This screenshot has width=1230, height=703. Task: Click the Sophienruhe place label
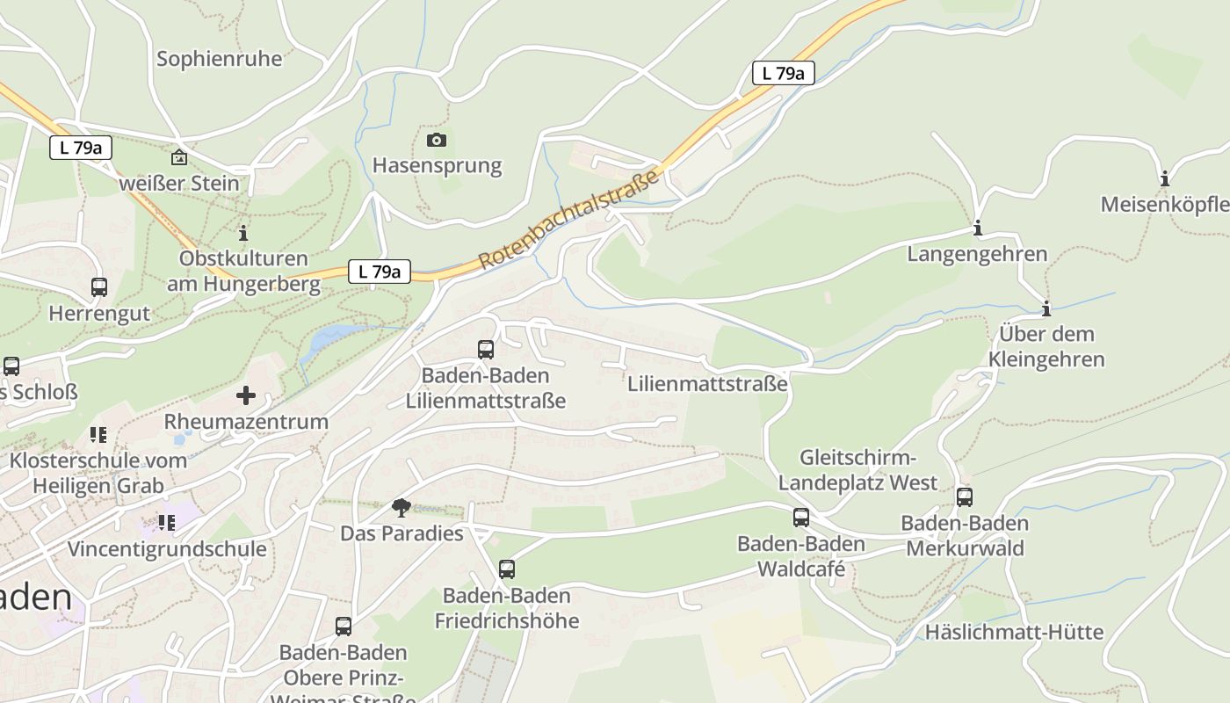coord(220,59)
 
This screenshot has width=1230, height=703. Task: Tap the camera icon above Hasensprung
coord(437,140)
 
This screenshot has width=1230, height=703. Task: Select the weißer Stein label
coord(178,183)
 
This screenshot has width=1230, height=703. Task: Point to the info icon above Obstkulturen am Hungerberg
coord(243,233)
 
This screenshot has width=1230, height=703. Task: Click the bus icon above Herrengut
coord(99,286)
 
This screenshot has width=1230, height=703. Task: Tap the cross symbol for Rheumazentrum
coord(246,395)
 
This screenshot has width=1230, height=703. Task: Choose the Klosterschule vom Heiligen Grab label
coord(98,473)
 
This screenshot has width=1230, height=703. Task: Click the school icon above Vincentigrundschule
coord(167,523)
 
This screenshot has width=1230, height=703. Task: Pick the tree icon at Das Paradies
coord(402,507)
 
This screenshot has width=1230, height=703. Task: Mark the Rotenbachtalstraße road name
coord(569,220)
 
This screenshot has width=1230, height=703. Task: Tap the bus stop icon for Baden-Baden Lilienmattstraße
coord(486,349)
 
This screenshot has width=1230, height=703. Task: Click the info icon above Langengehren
coord(977,229)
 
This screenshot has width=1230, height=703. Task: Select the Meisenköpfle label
coord(1165,205)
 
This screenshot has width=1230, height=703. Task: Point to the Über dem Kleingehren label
coord(1046,346)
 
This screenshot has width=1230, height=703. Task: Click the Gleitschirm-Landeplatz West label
coord(857,470)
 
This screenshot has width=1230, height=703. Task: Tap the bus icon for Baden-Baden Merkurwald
coord(965,496)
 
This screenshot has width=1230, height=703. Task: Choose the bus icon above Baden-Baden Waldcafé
coord(800,517)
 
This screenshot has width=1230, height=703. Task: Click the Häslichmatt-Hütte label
coord(1014,632)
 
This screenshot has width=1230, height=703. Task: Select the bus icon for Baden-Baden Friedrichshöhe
coord(507,569)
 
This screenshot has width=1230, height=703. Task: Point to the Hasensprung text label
coord(437,165)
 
